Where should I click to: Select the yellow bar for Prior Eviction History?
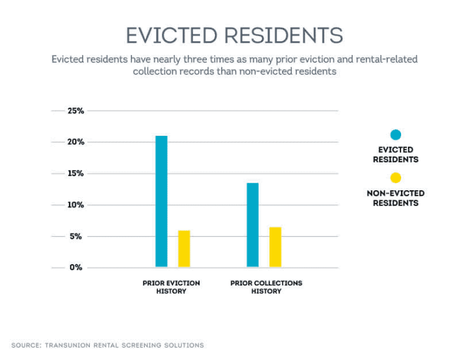click(184, 249)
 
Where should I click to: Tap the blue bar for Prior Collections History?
click(253, 225)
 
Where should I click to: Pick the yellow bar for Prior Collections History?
click(275, 247)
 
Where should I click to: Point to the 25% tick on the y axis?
click(76, 111)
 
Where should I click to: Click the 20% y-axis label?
click(76, 142)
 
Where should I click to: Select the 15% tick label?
click(76, 173)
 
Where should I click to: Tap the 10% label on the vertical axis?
click(76, 205)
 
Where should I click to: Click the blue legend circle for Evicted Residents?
click(395, 135)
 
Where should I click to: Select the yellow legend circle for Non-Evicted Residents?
click(395, 178)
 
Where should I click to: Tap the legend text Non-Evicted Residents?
click(395, 198)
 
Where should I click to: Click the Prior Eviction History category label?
click(171, 287)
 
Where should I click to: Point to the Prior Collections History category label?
click(266, 287)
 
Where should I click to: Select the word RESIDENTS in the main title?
click(284, 35)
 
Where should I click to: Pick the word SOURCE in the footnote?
click(26, 345)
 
